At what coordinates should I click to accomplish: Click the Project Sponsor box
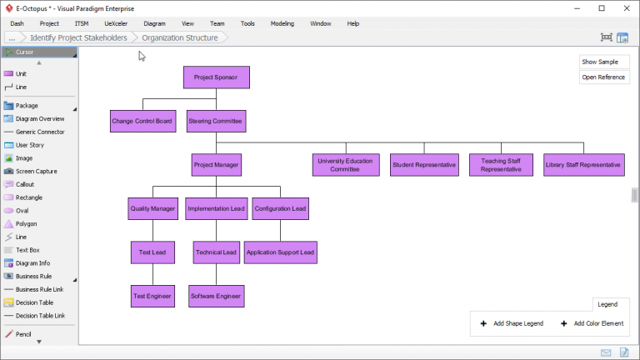click(216, 77)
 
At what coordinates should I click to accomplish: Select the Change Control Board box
click(142, 122)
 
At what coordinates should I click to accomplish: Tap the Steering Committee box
click(216, 122)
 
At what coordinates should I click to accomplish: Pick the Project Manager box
click(216, 165)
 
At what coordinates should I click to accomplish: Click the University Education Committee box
click(346, 165)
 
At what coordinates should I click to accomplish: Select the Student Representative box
click(424, 165)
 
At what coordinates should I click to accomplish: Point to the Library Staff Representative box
click(583, 165)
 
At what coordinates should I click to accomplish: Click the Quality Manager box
click(152, 208)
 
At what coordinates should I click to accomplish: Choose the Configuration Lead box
click(280, 208)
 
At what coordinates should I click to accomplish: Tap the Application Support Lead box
click(280, 252)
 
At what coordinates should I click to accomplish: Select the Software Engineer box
click(216, 296)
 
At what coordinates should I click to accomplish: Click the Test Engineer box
click(152, 296)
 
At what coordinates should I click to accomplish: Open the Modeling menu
click(282, 23)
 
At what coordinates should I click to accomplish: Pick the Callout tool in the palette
click(25, 184)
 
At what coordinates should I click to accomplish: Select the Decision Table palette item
click(34, 302)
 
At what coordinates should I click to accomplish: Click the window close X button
click(624, 7)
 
